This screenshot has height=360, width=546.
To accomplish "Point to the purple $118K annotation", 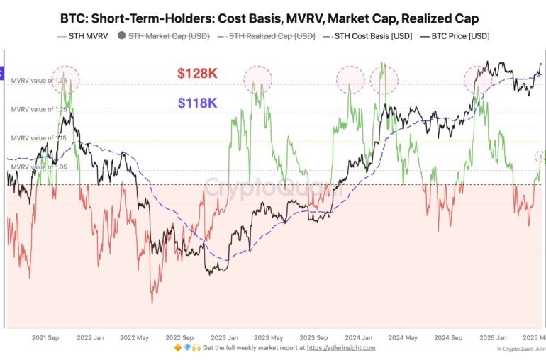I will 197,103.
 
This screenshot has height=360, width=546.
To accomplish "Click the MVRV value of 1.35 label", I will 38,81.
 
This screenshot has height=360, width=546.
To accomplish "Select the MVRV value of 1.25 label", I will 38,110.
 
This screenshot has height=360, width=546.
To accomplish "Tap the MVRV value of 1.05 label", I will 38,167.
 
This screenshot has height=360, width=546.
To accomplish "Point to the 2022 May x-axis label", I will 133,338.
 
